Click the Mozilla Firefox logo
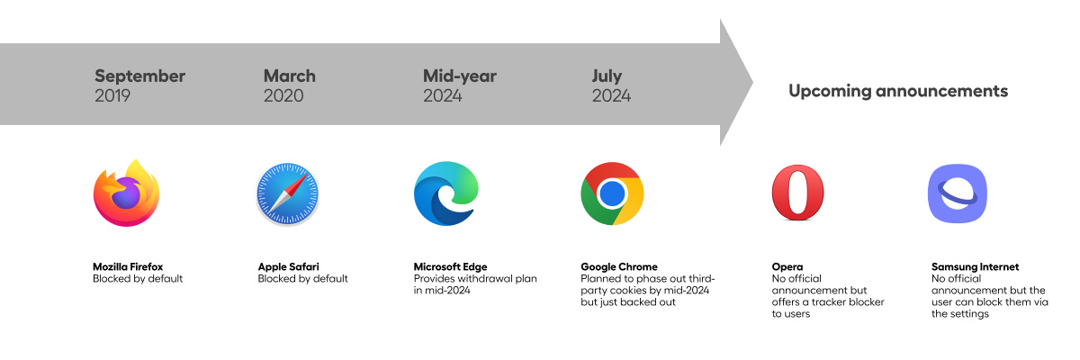click(x=126, y=193)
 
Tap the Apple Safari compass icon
click(x=287, y=193)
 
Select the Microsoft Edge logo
click(x=446, y=193)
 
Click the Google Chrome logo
click(x=612, y=193)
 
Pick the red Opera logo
click(x=798, y=193)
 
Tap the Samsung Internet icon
click(x=958, y=193)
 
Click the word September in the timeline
click(x=139, y=76)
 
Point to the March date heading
click(x=289, y=76)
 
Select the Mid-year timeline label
click(x=460, y=76)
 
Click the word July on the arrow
click(x=607, y=76)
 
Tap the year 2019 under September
click(x=112, y=96)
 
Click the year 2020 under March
click(x=283, y=96)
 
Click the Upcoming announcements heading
click(x=898, y=91)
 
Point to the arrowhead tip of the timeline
click(x=752, y=83)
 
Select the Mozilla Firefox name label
click(x=128, y=266)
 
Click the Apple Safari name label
click(x=288, y=267)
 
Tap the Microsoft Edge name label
click(x=450, y=267)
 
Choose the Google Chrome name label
click(x=619, y=267)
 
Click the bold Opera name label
click(x=787, y=267)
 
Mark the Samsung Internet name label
click(x=975, y=267)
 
